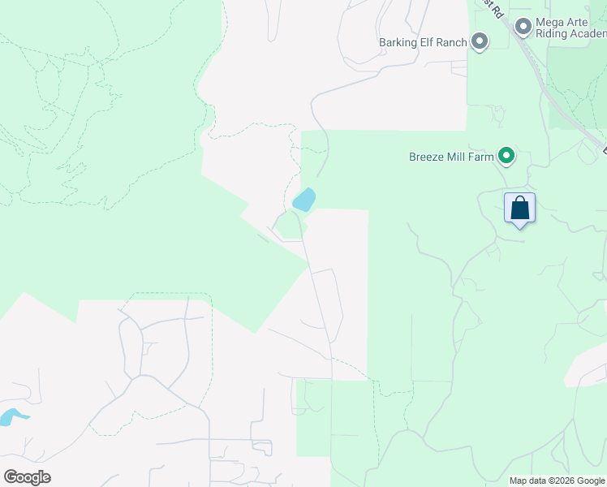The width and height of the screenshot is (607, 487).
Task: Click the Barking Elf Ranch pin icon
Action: tap(480, 41)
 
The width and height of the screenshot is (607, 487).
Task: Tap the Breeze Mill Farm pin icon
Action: tap(506, 155)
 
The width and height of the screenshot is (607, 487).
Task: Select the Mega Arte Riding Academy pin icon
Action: tap(523, 28)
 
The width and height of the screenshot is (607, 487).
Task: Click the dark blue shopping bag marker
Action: tap(519, 209)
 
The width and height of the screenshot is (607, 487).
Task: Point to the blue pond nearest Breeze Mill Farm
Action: tap(303, 200)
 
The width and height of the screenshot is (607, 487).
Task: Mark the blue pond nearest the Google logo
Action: tap(13, 418)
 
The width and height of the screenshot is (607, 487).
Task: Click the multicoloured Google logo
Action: tap(27, 477)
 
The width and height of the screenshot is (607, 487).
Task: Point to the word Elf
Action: tap(428, 42)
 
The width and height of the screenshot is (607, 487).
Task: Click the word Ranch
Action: tap(454, 42)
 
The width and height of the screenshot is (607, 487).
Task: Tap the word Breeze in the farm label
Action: tap(427, 157)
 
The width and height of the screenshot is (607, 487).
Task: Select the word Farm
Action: tap(483, 157)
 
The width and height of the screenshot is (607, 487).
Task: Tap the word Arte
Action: tap(582, 23)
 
